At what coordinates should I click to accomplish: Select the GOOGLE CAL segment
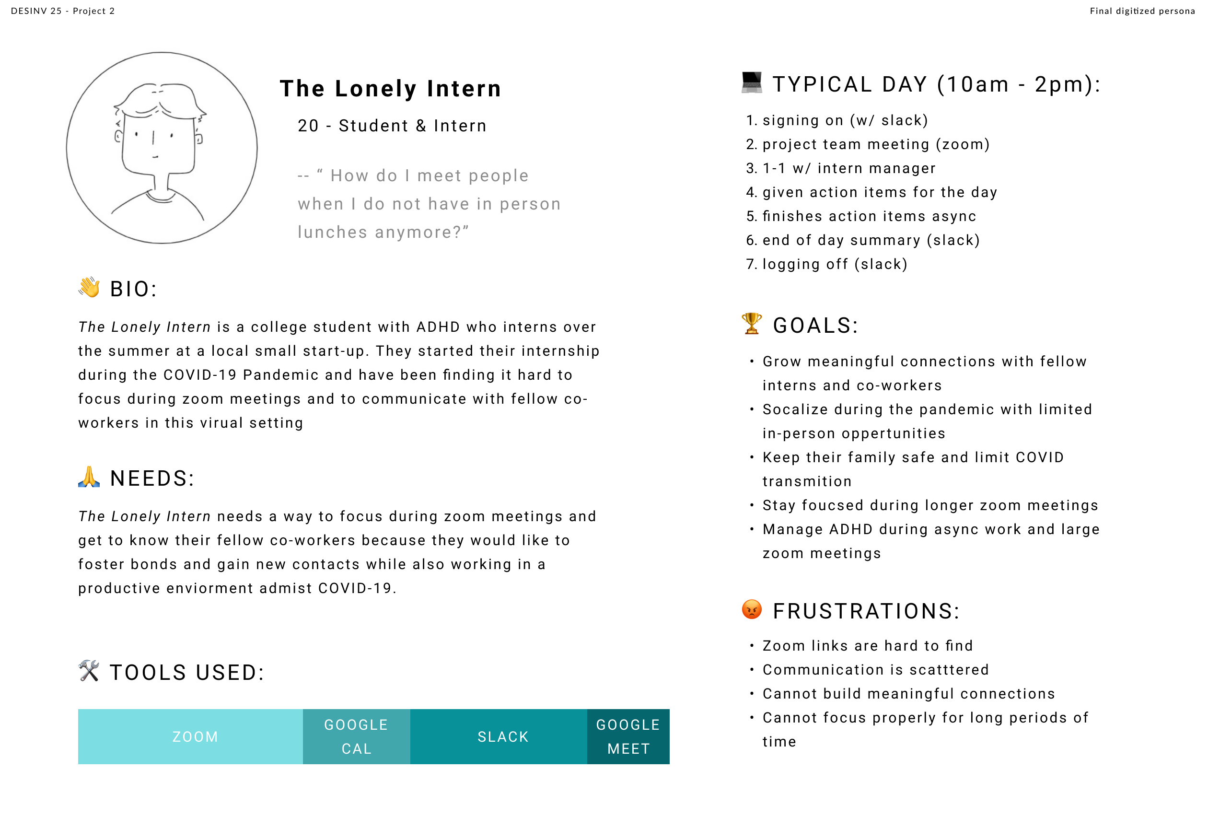tap(356, 736)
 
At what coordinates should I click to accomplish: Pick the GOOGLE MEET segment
tap(628, 736)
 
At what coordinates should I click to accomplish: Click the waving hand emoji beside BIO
tap(90, 288)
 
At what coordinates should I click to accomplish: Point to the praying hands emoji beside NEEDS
tap(89, 477)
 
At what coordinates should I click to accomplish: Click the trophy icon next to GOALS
tap(751, 324)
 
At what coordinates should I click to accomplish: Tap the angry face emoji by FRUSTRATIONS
tap(752, 609)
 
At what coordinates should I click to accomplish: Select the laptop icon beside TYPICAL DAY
tap(752, 82)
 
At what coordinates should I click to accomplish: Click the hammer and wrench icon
tap(89, 671)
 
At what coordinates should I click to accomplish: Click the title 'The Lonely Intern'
tap(390, 88)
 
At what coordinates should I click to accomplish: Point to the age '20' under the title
tap(308, 126)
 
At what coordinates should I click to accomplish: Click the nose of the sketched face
tap(153, 138)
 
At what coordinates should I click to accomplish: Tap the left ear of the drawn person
tap(118, 137)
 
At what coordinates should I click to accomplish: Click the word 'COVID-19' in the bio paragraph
tap(200, 375)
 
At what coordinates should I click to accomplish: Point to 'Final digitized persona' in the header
tap(1142, 11)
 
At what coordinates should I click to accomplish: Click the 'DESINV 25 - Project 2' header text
tap(63, 11)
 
